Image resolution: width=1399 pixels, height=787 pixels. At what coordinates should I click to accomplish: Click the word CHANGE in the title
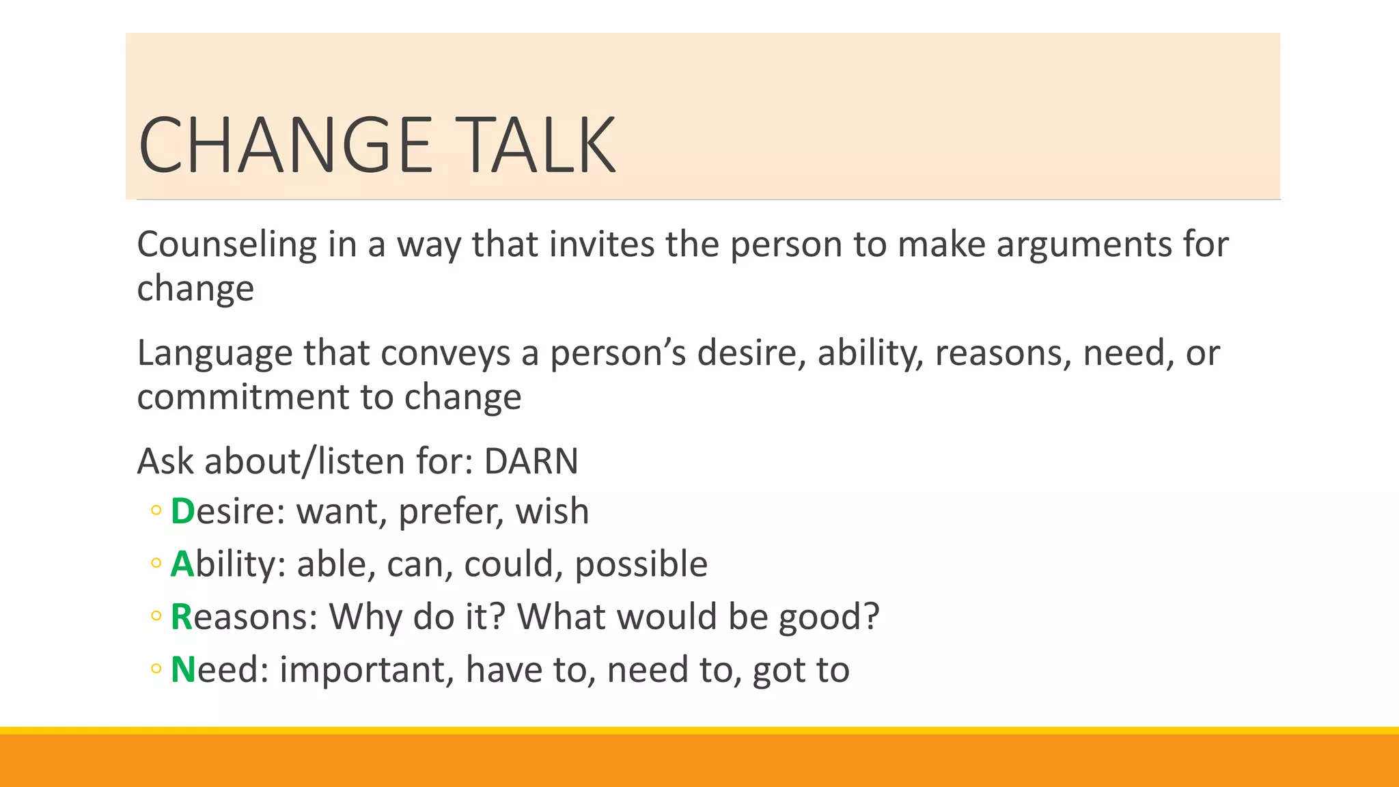coord(286,145)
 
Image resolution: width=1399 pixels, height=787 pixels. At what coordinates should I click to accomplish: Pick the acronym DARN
coord(531,461)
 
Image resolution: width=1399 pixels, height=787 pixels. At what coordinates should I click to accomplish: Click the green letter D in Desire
coord(182,511)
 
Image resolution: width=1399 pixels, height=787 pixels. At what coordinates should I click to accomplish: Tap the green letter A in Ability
coord(182,564)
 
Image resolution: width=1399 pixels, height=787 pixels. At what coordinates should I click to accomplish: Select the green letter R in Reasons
coord(182,616)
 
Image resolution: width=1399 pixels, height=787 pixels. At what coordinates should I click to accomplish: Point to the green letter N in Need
coord(183,669)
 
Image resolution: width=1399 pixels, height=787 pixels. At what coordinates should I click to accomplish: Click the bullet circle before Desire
coord(156,510)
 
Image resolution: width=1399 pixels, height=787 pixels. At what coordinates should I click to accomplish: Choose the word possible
coord(641,564)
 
